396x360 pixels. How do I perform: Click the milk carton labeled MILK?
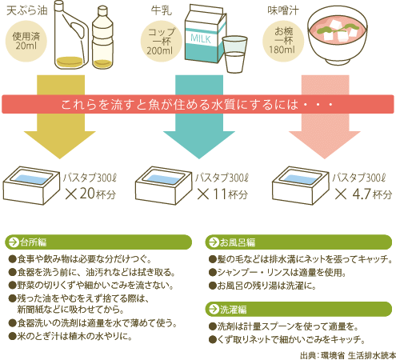tap(205, 34)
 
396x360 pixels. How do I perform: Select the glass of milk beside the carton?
tap(234, 54)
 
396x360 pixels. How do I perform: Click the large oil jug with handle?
tap(70, 34)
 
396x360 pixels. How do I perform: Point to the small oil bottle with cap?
tap(102, 38)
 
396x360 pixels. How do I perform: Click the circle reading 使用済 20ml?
tap(26, 42)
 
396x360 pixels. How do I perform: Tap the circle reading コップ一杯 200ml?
tap(162, 42)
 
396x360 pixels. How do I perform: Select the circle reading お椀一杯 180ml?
tap(283, 42)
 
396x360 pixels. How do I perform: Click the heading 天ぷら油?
tap(26, 10)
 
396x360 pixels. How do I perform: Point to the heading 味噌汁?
tap(283, 10)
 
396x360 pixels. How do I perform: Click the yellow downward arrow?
tap(60, 118)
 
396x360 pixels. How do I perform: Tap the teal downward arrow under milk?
tap(199, 118)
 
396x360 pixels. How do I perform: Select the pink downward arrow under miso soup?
tap(325, 118)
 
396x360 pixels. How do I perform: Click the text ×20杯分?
tap(90, 194)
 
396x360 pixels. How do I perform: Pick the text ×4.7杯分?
tap(364, 194)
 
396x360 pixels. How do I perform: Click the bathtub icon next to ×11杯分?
tap(163, 186)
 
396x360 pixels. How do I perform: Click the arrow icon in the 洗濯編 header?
tap(214, 309)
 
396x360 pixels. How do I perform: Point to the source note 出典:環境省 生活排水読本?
tap(348, 355)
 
